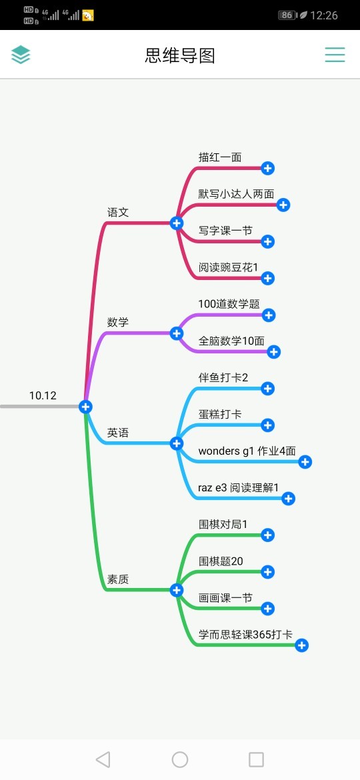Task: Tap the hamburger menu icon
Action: [x=335, y=55]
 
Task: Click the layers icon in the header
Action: [x=21, y=55]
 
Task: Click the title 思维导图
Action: [x=180, y=56]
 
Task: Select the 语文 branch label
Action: [x=119, y=213]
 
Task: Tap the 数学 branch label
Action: [x=119, y=323]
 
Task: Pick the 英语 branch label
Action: [x=119, y=433]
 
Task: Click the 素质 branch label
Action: [x=119, y=579]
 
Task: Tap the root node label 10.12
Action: [x=43, y=395]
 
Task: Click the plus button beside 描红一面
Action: [x=267, y=168]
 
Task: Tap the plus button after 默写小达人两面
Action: [x=283, y=205]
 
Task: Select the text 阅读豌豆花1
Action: [x=228, y=267]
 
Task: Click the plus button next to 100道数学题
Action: [x=269, y=315]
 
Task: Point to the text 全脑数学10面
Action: [x=231, y=341]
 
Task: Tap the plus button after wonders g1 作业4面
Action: [x=305, y=462]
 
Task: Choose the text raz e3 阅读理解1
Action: [x=239, y=487]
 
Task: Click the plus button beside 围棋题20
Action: [x=267, y=572]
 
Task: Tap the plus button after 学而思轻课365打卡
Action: [x=301, y=646]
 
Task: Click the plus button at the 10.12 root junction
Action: [x=85, y=407]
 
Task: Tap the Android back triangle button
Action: [x=103, y=759]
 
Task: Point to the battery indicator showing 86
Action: [x=287, y=15]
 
